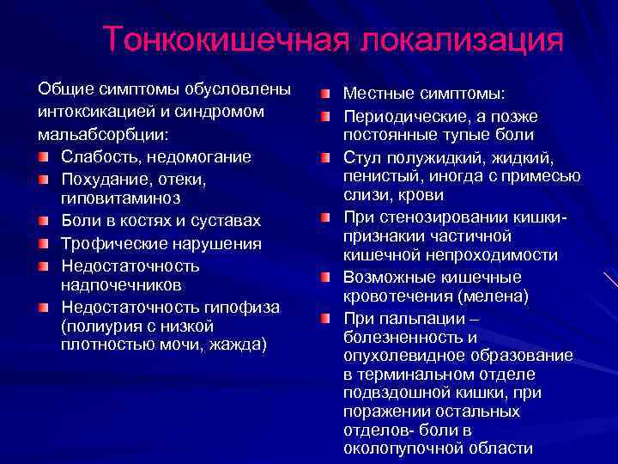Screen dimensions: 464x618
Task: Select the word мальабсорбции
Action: [x=102, y=135]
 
